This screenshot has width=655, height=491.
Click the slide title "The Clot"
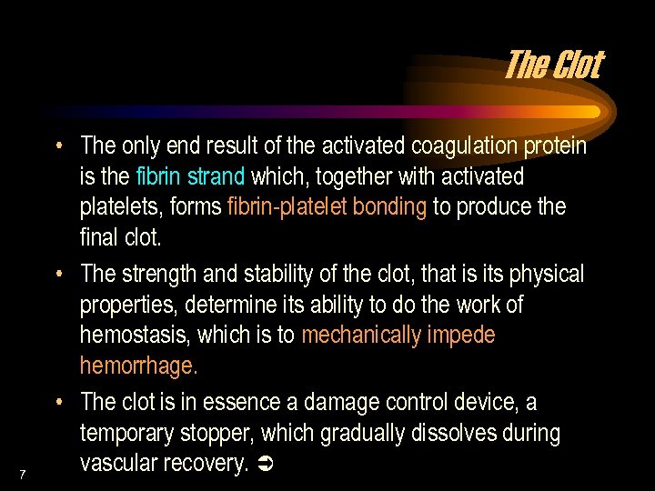pyautogui.click(x=552, y=65)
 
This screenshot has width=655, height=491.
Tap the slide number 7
pyautogui.click(x=22, y=474)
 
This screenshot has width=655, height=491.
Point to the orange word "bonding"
pyautogui.click(x=388, y=206)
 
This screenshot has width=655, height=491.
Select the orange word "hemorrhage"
pyautogui.click(x=137, y=366)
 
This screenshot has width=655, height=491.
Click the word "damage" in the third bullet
pyautogui.click(x=338, y=402)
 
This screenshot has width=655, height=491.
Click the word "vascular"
pyautogui.click(x=115, y=463)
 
